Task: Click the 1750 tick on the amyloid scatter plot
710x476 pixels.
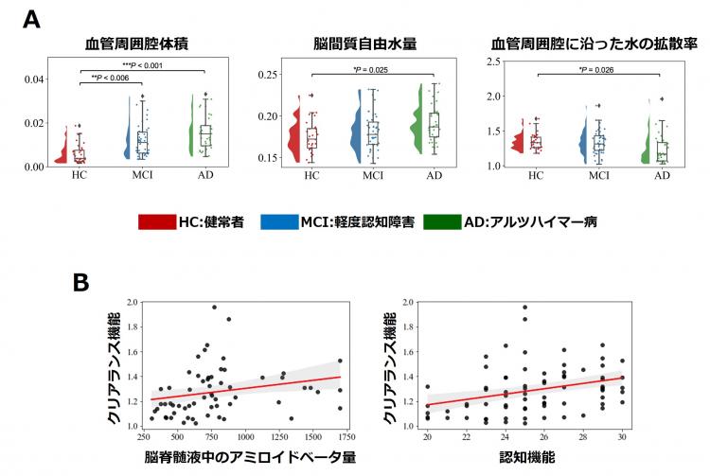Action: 346,438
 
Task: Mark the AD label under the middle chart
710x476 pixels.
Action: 435,176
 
